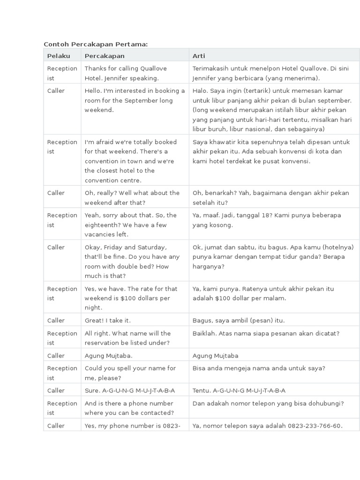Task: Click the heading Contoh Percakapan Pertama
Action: click(x=96, y=44)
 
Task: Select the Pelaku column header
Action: click(x=59, y=56)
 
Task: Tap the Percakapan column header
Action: click(x=105, y=56)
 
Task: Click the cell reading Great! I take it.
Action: click(x=108, y=320)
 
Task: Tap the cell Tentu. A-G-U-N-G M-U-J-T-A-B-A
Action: click(x=239, y=390)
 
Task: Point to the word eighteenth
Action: click(x=101, y=225)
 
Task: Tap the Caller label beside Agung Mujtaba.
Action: click(x=56, y=355)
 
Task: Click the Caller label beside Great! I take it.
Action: click(x=56, y=320)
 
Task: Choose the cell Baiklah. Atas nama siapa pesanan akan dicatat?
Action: click(x=266, y=333)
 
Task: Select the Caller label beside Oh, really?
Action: click(x=56, y=193)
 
